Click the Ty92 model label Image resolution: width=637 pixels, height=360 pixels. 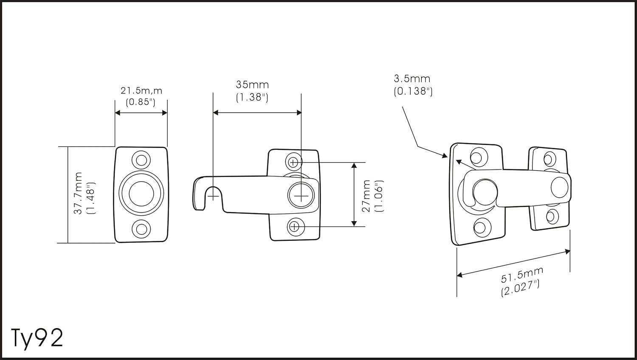coord(37,338)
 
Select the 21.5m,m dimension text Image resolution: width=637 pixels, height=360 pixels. coord(141,91)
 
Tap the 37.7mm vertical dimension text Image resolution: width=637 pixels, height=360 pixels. coord(78,193)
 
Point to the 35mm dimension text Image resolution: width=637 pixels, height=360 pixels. coord(252,84)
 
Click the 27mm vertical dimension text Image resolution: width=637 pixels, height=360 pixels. coord(366,196)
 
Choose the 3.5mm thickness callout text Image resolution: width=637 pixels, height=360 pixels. coord(412,78)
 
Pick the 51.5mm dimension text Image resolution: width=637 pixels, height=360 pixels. coord(522,275)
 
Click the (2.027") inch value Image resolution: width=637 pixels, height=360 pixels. coord(520,288)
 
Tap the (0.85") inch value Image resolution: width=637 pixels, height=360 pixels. coord(141,102)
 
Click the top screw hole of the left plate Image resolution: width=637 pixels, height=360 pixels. coord(141,160)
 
